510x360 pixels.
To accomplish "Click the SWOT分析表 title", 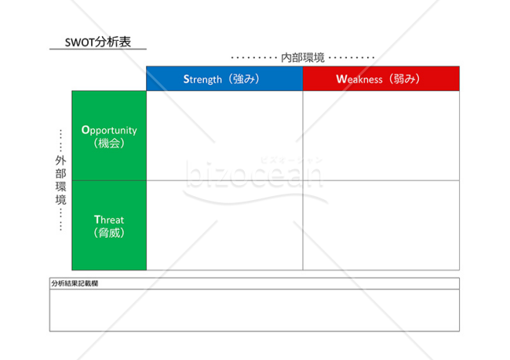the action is [x=97, y=42].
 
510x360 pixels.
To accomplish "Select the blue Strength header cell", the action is [x=224, y=78].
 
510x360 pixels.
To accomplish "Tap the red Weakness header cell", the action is [x=381, y=78].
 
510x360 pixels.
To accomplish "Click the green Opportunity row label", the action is [x=109, y=136].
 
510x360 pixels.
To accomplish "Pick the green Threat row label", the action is [x=109, y=225].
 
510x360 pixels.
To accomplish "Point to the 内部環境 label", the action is [x=303, y=57].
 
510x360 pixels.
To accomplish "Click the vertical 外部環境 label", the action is [x=60, y=180].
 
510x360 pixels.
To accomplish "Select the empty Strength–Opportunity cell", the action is [x=224, y=136].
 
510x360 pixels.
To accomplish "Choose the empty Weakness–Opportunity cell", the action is [x=381, y=136].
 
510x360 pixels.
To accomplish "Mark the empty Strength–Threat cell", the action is [x=224, y=225].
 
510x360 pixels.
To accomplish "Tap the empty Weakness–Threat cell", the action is [x=381, y=225].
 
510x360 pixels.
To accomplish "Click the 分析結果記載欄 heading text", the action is [x=75, y=284].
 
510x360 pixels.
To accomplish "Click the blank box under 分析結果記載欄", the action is [x=254, y=311].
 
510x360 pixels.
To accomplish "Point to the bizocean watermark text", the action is [x=254, y=174].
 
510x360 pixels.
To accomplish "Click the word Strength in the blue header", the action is [x=202, y=79].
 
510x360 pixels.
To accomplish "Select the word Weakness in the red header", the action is [x=359, y=79].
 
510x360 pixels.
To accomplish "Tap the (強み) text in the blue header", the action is [x=244, y=78].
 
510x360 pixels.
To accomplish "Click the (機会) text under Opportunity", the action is [x=109, y=143].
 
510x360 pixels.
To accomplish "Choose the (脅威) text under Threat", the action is [x=109, y=233].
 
